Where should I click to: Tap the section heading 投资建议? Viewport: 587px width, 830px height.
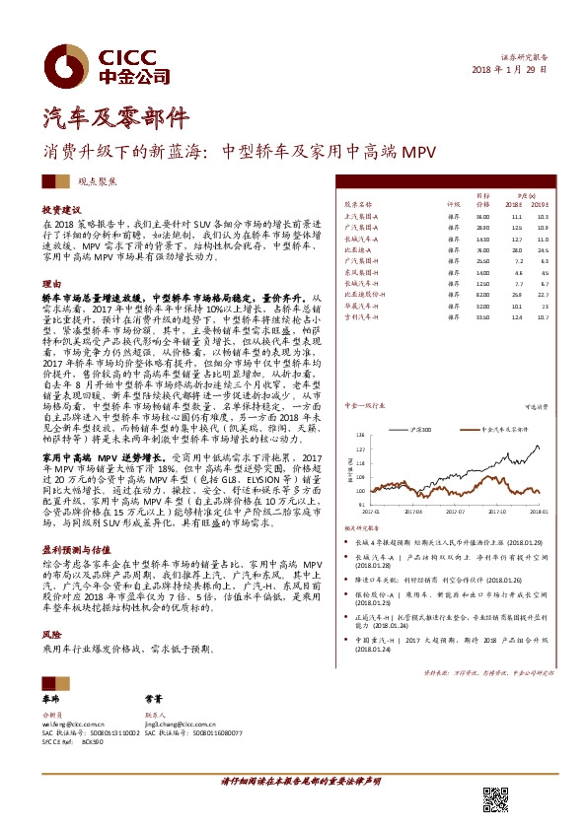pos(61,209)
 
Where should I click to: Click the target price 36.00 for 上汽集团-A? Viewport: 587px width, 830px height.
pos(482,215)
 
